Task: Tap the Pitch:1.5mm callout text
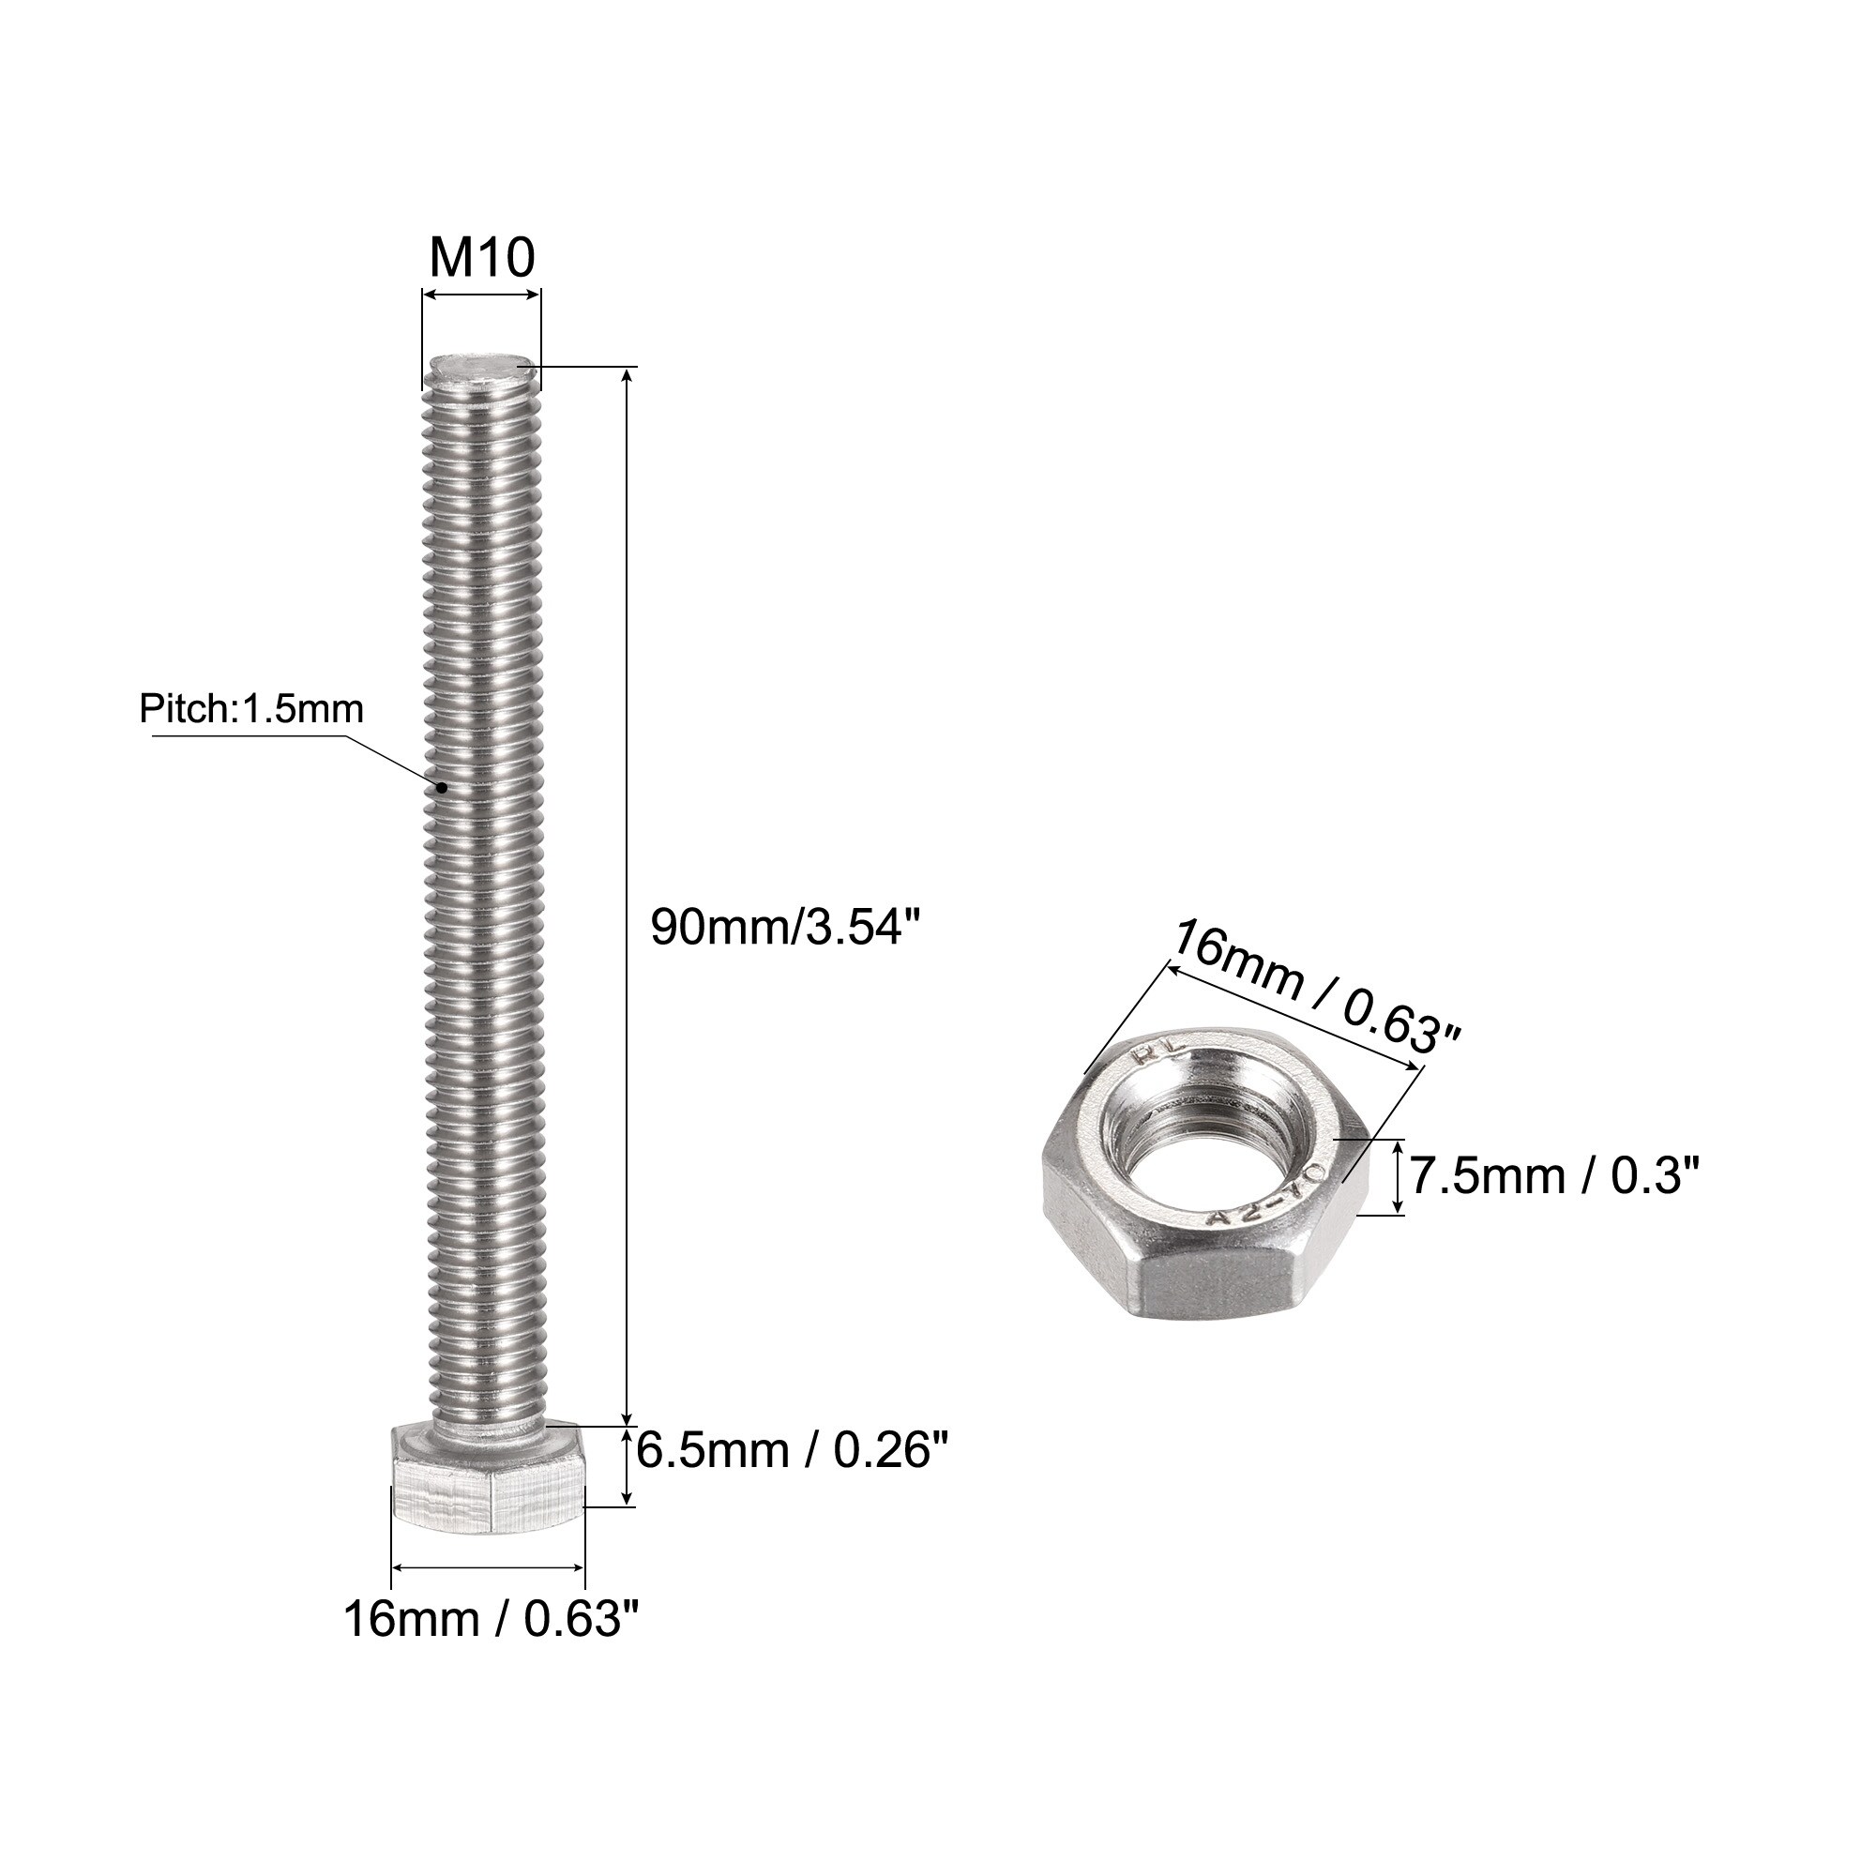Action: (250, 709)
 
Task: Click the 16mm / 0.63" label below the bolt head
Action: (493, 1619)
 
